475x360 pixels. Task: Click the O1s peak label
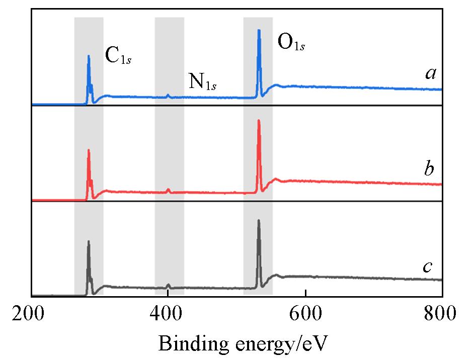tap(291, 44)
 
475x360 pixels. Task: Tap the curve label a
tap(430, 74)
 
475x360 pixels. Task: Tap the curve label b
tap(429, 168)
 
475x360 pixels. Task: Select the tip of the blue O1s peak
tap(259, 30)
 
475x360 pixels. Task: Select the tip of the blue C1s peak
tap(89, 56)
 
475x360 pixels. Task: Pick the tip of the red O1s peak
tap(259, 120)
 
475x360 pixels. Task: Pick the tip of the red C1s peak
tap(89, 150)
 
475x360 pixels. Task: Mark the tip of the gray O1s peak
tap(259, 220)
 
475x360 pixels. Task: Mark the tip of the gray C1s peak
tap(89, 241)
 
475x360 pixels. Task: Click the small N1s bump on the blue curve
tap(168, 95)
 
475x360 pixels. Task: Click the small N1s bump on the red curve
tap(168, 190)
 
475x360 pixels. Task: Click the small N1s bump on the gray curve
tap(168, 285)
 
